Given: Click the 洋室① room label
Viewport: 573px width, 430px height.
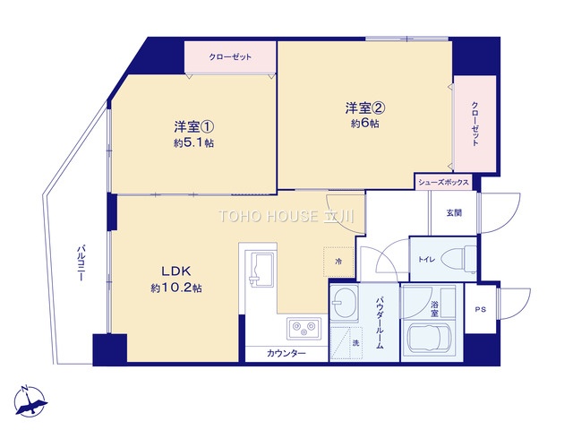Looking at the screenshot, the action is pyautogui.click(x=193, y=127).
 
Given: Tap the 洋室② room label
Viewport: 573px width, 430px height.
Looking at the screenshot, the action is pyautogui.click(x=365, y=107).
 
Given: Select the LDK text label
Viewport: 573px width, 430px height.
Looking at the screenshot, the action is pyautogui.click(x=176, y=271).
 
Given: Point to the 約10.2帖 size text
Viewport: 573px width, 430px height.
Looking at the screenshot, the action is pyautogui.click(x=176, y=288).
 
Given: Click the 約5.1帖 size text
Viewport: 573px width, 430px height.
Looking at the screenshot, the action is pyautogui.click(x=193, y=143).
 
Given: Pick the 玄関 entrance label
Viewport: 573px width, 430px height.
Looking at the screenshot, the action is pyautogui.click(x=454, y=213).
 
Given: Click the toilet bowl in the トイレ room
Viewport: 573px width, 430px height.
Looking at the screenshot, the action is pyautogui.click(x=458, y=260).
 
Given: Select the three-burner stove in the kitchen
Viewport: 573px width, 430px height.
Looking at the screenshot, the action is pyautogui.click(x=304, y=328).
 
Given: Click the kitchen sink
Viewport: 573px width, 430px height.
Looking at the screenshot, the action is pyautogui.click(x=262, y=269).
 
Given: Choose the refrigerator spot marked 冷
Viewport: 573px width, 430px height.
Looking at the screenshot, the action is pyautogui.click(x=338, y=262).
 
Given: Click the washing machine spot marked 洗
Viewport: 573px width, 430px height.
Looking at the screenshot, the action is pyautogui.click(x=346, y=343).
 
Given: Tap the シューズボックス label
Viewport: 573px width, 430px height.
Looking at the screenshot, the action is pyautogui.click(x=443, y=182).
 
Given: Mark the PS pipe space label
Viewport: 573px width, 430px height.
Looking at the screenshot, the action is pyautogui.click(x=481, y=309).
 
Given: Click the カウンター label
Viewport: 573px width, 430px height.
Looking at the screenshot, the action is pyautogui.click(x=286, y=353).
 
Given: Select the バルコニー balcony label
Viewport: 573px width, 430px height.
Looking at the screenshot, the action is pyautogui.click(x=81, y=262).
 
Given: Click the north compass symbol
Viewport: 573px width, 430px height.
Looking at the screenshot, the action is pyautogui.click(x=30, y=401).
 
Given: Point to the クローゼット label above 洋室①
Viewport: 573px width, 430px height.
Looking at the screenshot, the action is pyautogui.click(x=230, y=57).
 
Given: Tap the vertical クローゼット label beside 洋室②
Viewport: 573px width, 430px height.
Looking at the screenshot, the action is pyautogui.click(x=475, y=124).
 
